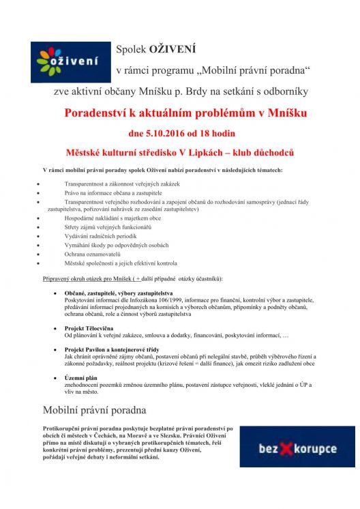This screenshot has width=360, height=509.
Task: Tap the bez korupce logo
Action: [x=297, y=448]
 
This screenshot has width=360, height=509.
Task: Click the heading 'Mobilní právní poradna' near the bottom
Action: [x=94, y=410]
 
